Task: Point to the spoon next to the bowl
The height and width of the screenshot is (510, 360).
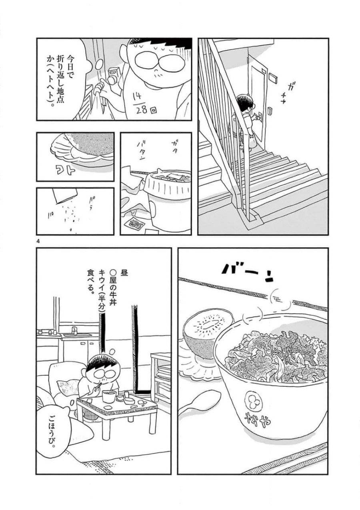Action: click(200, 402)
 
